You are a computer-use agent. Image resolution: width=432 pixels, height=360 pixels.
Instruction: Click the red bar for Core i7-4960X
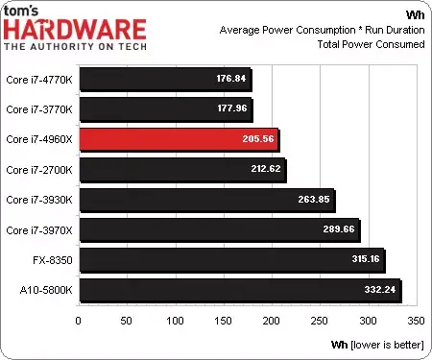[180, 139]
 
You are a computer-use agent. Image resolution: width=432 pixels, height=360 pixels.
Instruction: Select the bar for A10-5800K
[240, 290]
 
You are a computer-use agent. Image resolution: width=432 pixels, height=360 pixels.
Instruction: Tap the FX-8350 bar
[232, 260]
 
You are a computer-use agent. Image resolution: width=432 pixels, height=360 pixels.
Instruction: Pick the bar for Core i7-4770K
[165, 80]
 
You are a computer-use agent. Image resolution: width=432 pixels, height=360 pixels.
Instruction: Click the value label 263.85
[314, 200]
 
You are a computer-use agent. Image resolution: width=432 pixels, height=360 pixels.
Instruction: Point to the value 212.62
[266, 169]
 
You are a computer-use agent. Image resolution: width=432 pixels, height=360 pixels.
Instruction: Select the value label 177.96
[232, 108]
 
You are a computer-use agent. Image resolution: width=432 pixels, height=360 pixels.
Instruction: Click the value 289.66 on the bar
[339, 229]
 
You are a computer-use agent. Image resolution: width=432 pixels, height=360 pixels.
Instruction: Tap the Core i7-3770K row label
[39, 109]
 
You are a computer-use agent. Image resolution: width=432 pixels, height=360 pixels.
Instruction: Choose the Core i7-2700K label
[39, 170]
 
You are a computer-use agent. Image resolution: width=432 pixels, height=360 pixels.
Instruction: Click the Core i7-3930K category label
[39, 200]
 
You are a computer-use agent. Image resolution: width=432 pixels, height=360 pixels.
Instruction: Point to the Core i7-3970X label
[39, 230]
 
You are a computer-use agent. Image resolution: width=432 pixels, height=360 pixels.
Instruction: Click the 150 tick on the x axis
[223, 321]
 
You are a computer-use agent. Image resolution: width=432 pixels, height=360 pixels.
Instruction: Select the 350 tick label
[416, 321]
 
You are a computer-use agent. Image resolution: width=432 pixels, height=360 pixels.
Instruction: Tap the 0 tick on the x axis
[78, 321]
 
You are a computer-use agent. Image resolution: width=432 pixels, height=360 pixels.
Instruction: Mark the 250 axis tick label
[320, 321]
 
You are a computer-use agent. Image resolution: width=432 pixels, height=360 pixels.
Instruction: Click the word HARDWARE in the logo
[75, 30]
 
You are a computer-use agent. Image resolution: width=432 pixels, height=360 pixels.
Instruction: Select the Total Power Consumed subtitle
[371, 44]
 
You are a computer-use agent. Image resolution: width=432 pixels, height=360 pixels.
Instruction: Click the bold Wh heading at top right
[416, 14]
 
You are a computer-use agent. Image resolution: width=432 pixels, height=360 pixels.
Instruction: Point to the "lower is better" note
[387, 345]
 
